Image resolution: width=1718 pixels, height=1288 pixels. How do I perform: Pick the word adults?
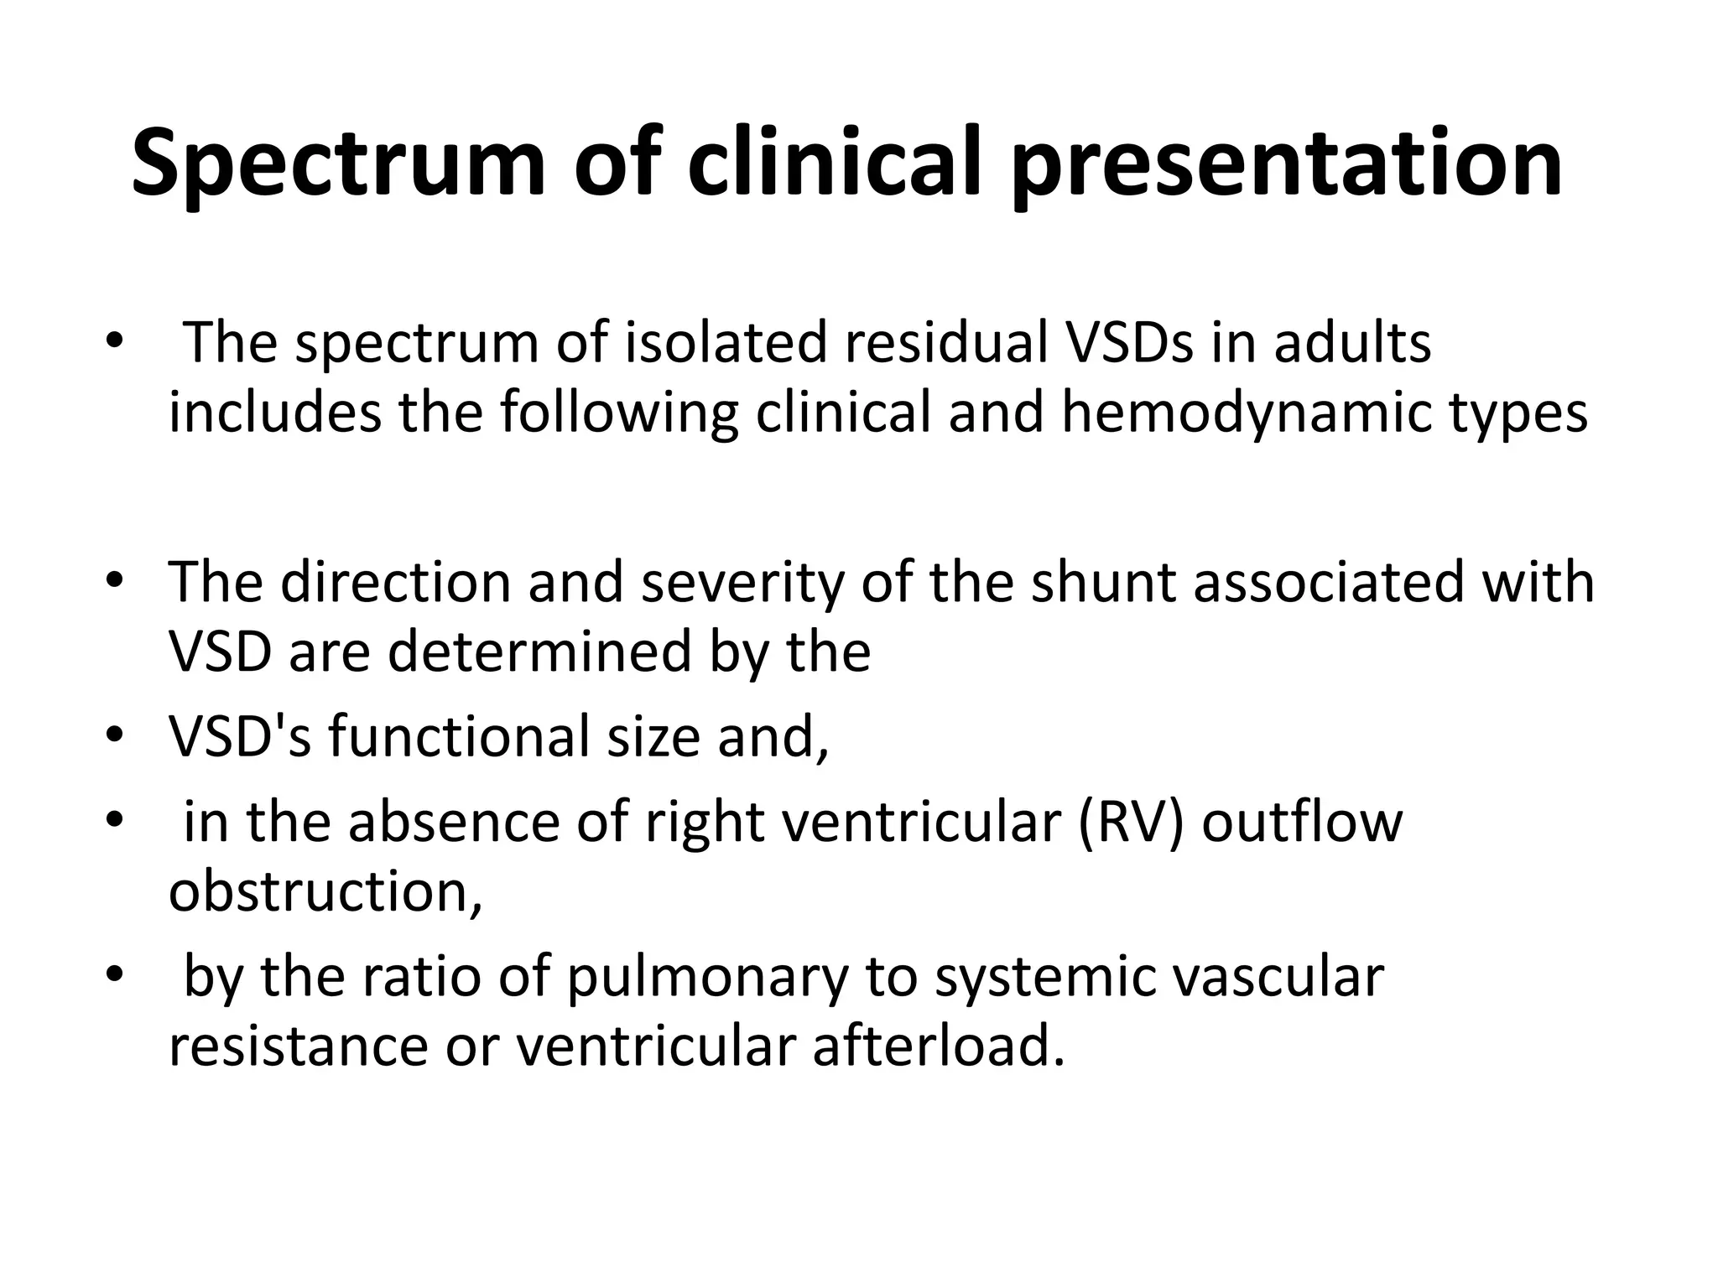pyautogui.click(x=1351, y=343)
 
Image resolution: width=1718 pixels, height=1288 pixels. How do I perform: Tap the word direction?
pyautogui.click(x=395, y=582)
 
